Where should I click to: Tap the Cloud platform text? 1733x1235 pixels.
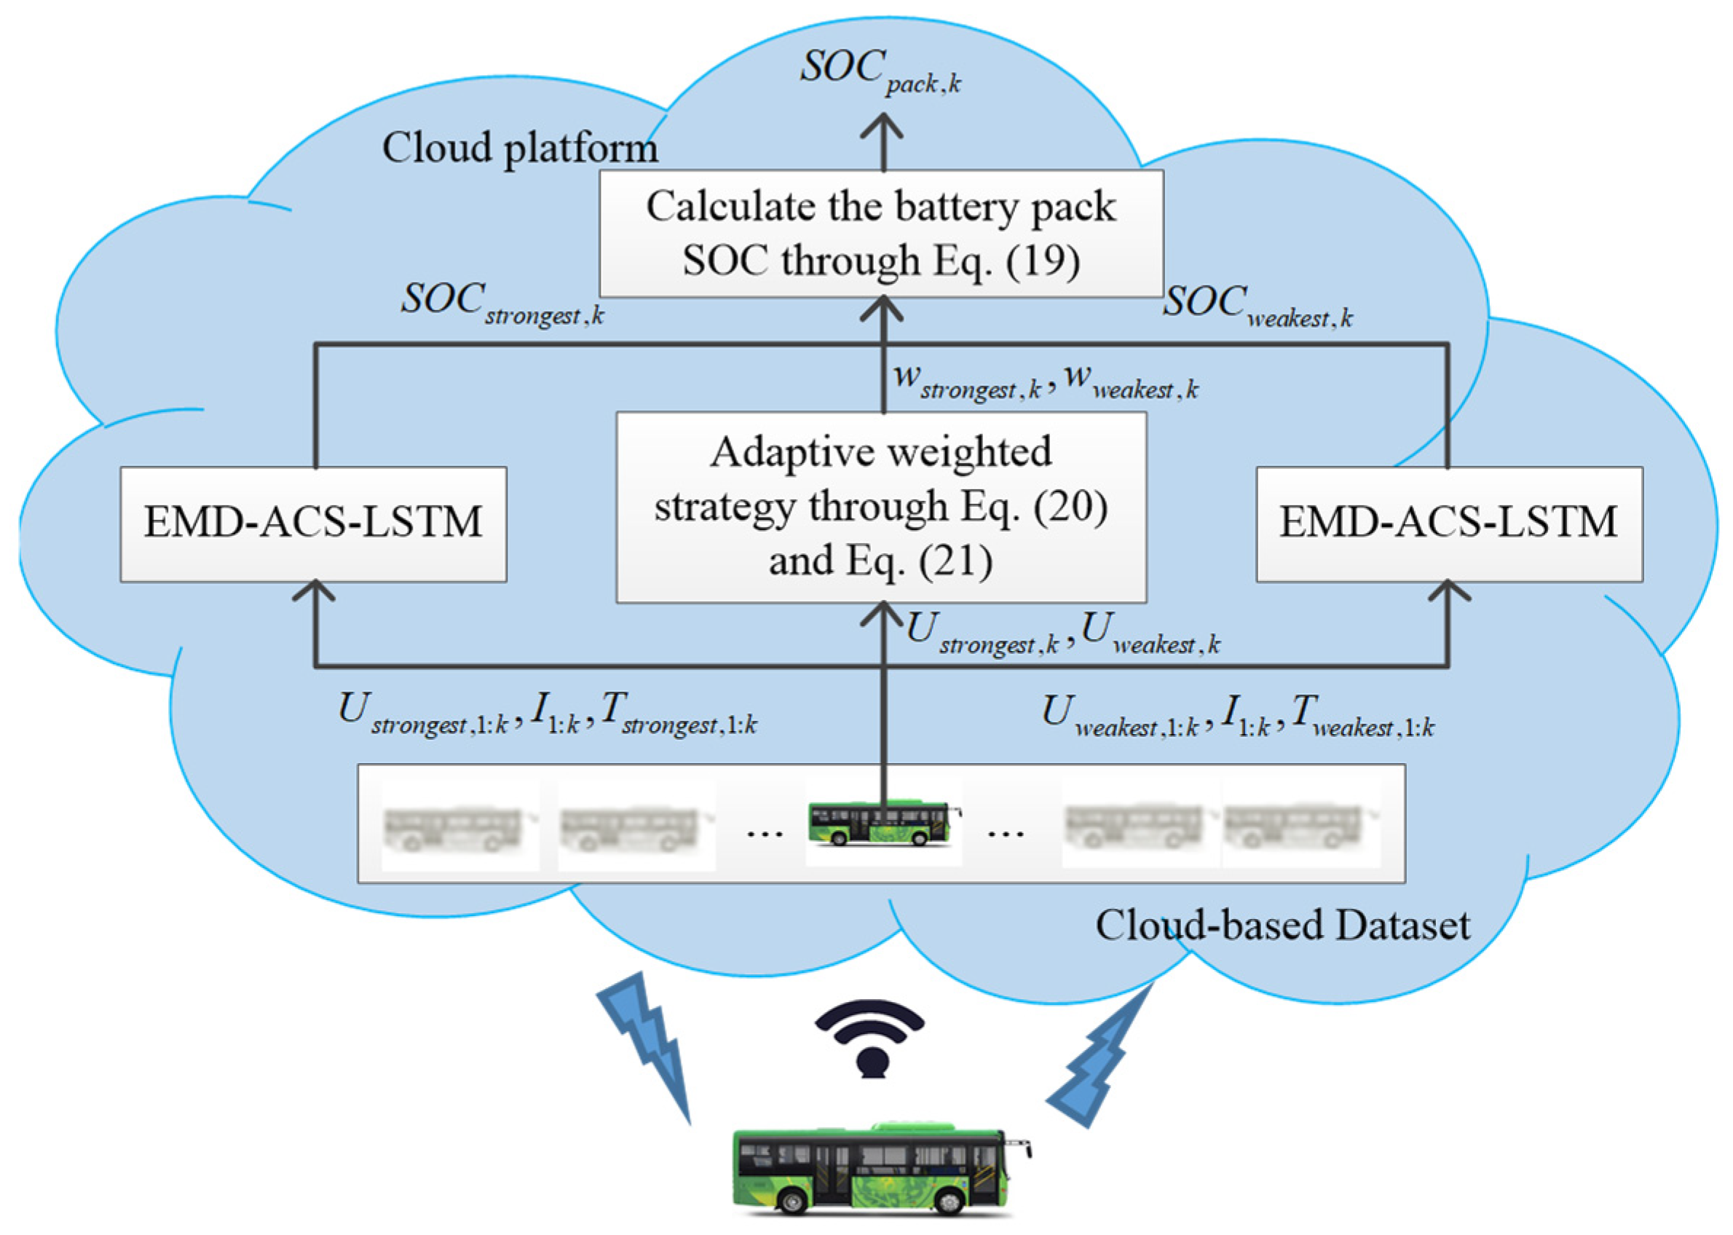[519, 148]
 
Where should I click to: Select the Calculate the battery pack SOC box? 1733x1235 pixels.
[880, 234]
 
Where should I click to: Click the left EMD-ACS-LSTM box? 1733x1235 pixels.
[312, 524]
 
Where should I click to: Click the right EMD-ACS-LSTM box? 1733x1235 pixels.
[1448, 524]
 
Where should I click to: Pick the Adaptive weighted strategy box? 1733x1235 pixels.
[880, 508]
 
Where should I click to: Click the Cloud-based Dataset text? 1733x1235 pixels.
[1282, 926]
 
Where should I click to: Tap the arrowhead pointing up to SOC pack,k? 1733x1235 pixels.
[882, 127]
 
